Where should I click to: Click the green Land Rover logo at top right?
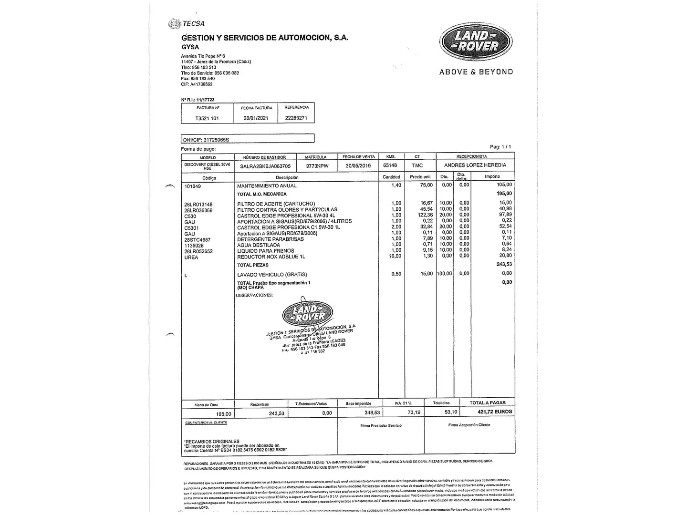(476, 41)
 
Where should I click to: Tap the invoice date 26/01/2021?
(256, 118)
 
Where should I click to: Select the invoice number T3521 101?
(207, 118)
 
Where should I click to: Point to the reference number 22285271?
(296, 117)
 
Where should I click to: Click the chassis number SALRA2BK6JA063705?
(265, 166)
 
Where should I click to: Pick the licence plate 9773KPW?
(317, 166)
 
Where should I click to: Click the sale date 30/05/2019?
(358, 165)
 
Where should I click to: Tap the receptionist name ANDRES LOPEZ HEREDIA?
(475, 165)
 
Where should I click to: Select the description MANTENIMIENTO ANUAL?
(267, 185)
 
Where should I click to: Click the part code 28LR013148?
(198, 205)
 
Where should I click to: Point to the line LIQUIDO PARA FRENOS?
(266, 251)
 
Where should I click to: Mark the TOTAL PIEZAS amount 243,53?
(504, 264)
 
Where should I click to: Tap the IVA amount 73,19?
(414, 412)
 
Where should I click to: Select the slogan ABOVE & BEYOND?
(476, 72)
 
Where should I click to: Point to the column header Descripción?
(287, 177)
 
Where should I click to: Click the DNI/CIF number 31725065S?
(216, 140)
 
